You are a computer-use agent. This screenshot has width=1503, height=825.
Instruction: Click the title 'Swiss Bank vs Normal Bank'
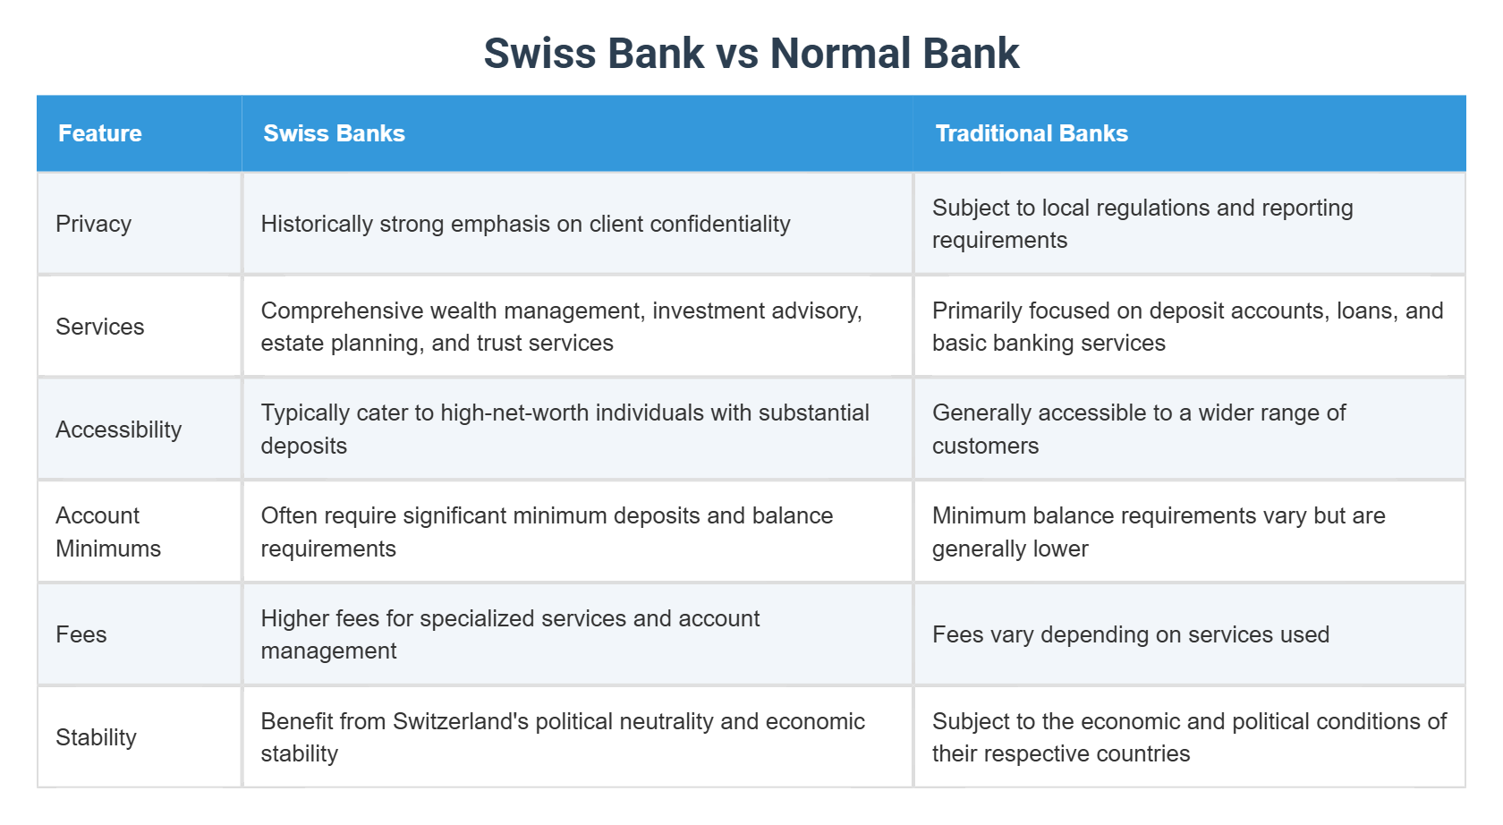[x=751, y=54]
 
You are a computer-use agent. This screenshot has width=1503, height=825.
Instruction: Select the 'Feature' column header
[x=100, y=133]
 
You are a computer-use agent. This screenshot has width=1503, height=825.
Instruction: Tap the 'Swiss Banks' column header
[x=334, y=133]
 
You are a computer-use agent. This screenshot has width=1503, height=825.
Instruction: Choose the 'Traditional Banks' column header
[x=1031, y=133]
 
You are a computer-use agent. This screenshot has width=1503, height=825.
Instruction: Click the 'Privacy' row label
[x=94, y=224]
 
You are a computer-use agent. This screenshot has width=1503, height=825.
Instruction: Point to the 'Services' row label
[x=100, y=327]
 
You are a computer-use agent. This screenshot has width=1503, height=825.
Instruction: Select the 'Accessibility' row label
[x=119, y=430]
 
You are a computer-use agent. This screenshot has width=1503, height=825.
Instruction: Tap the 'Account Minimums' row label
[x=107, y=532]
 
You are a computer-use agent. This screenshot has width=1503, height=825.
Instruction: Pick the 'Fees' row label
[x=81, y=634]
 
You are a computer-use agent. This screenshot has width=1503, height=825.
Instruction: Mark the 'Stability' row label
[x=97, y=737]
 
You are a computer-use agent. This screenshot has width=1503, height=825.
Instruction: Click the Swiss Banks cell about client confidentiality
[x=525, y=224]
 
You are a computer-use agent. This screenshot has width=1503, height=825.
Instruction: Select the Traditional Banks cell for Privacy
[x=1142, y=224]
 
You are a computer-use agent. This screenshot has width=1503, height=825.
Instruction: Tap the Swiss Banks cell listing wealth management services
[x=561, y=327]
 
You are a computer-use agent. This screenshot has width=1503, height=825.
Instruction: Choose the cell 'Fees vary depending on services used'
[x=1131, y=634]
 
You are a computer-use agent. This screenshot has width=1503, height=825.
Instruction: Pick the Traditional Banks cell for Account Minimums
[x=1158, y=532]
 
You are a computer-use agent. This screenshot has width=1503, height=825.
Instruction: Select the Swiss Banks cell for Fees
[x=510, y=634]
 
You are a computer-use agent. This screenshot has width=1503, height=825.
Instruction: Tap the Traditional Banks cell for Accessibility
[x=1138, y=430]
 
